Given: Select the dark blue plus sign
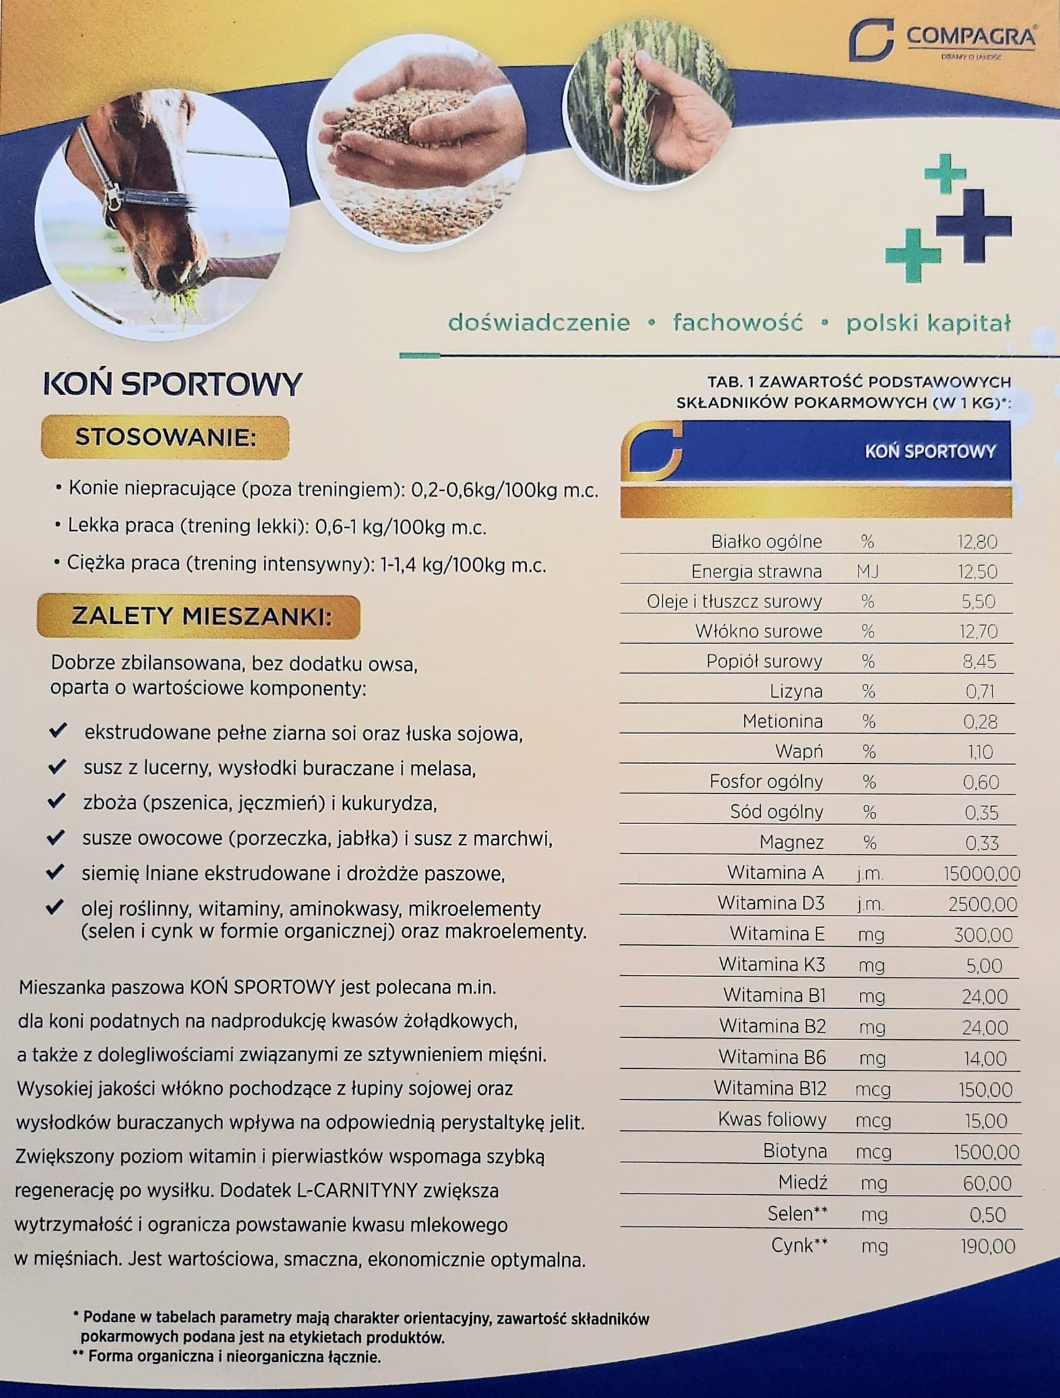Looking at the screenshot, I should point(973,225).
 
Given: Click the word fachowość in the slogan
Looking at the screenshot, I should point(738,323).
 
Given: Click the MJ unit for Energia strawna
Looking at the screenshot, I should point(867,572).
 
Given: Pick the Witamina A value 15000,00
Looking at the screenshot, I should point(981,874).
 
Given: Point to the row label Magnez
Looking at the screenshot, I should point(792,842).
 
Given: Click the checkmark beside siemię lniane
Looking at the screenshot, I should point(56,873).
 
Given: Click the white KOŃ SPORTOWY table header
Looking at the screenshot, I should point(930,452).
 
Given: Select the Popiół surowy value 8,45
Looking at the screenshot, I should point(981,662).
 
